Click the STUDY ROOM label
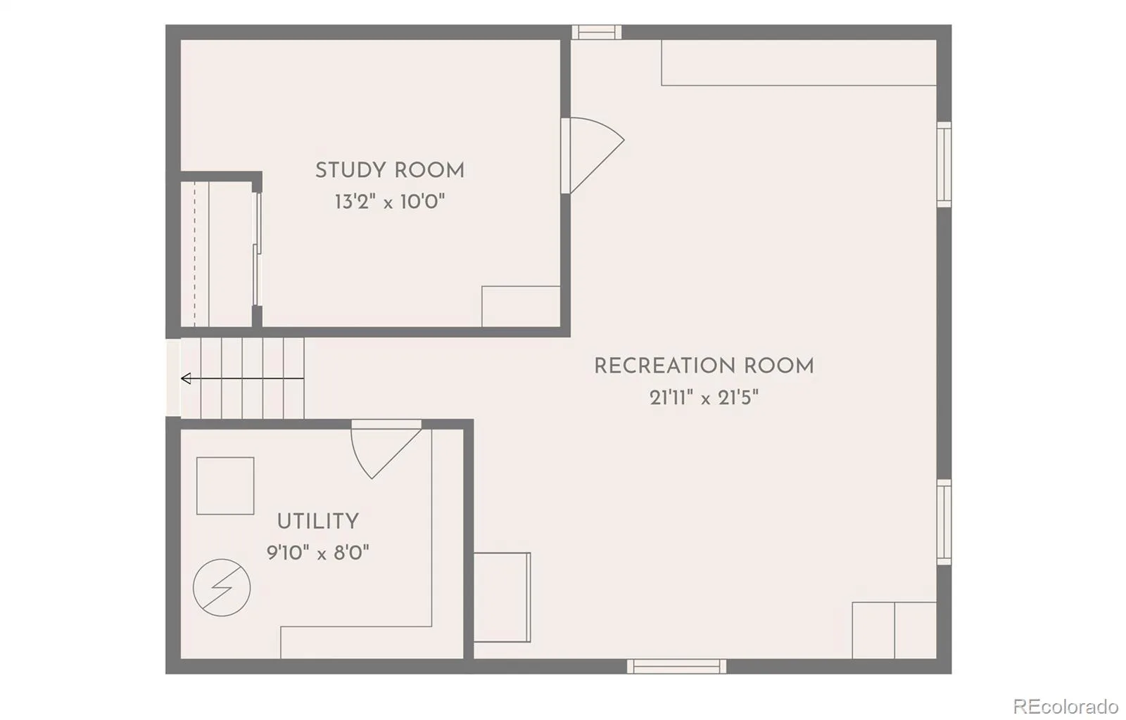tap(390, 171)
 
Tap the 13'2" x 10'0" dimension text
tap(390, 202)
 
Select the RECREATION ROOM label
tap(704, 366)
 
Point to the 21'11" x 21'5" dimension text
tap(704, 398)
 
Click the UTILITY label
tap(317, 522)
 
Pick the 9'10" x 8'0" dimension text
tap(317, 553)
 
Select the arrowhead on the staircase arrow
tap(186, 378)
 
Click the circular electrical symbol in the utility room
tap(222, 587)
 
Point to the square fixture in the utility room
tap(225, 486)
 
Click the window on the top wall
tap(597, 32)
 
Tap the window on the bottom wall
tap(676, 667)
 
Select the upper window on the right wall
tap(944, 165)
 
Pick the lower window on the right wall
tap(944, 522)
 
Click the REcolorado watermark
tap(1065, 707)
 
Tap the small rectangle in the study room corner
tap(521, 307)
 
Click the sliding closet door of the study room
tap(256, 250)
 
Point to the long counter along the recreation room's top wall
tap(799, 63)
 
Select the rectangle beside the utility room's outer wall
tap(502, 598)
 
